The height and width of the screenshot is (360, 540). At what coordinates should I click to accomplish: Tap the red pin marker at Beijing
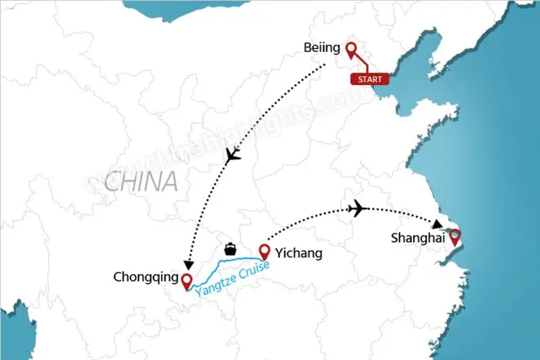351,50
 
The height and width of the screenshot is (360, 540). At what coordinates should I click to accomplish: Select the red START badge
369,78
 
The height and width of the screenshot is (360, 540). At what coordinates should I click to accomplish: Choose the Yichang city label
299,253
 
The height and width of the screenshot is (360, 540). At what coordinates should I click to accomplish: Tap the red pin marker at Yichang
264,252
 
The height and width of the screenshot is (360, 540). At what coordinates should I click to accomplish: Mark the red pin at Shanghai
454,237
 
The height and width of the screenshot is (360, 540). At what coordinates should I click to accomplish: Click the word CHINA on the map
140,181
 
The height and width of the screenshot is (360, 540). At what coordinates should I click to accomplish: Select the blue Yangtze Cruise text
233,276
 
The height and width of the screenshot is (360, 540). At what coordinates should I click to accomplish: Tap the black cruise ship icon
230,249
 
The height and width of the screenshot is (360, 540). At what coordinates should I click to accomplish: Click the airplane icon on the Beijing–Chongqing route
233,156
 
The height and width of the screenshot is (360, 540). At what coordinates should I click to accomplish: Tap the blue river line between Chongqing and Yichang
223,261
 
